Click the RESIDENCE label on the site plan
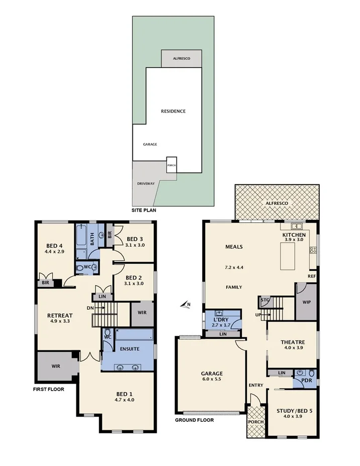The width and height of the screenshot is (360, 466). (x=173, y=111)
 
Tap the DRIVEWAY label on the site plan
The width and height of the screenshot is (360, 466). (x=146, y=184)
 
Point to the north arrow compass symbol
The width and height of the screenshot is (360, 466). (x=187, y=304)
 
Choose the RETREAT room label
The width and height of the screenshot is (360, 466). (x=59, y=315)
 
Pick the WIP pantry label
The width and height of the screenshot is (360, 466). (x=306, y=303)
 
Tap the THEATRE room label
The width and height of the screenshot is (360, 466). (x=293, y=342)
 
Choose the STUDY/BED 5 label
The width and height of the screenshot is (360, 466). (x=294, y=410)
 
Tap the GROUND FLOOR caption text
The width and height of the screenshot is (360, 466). (x=194, y=420)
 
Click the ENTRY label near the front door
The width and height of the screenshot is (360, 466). (x=255, y=385)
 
